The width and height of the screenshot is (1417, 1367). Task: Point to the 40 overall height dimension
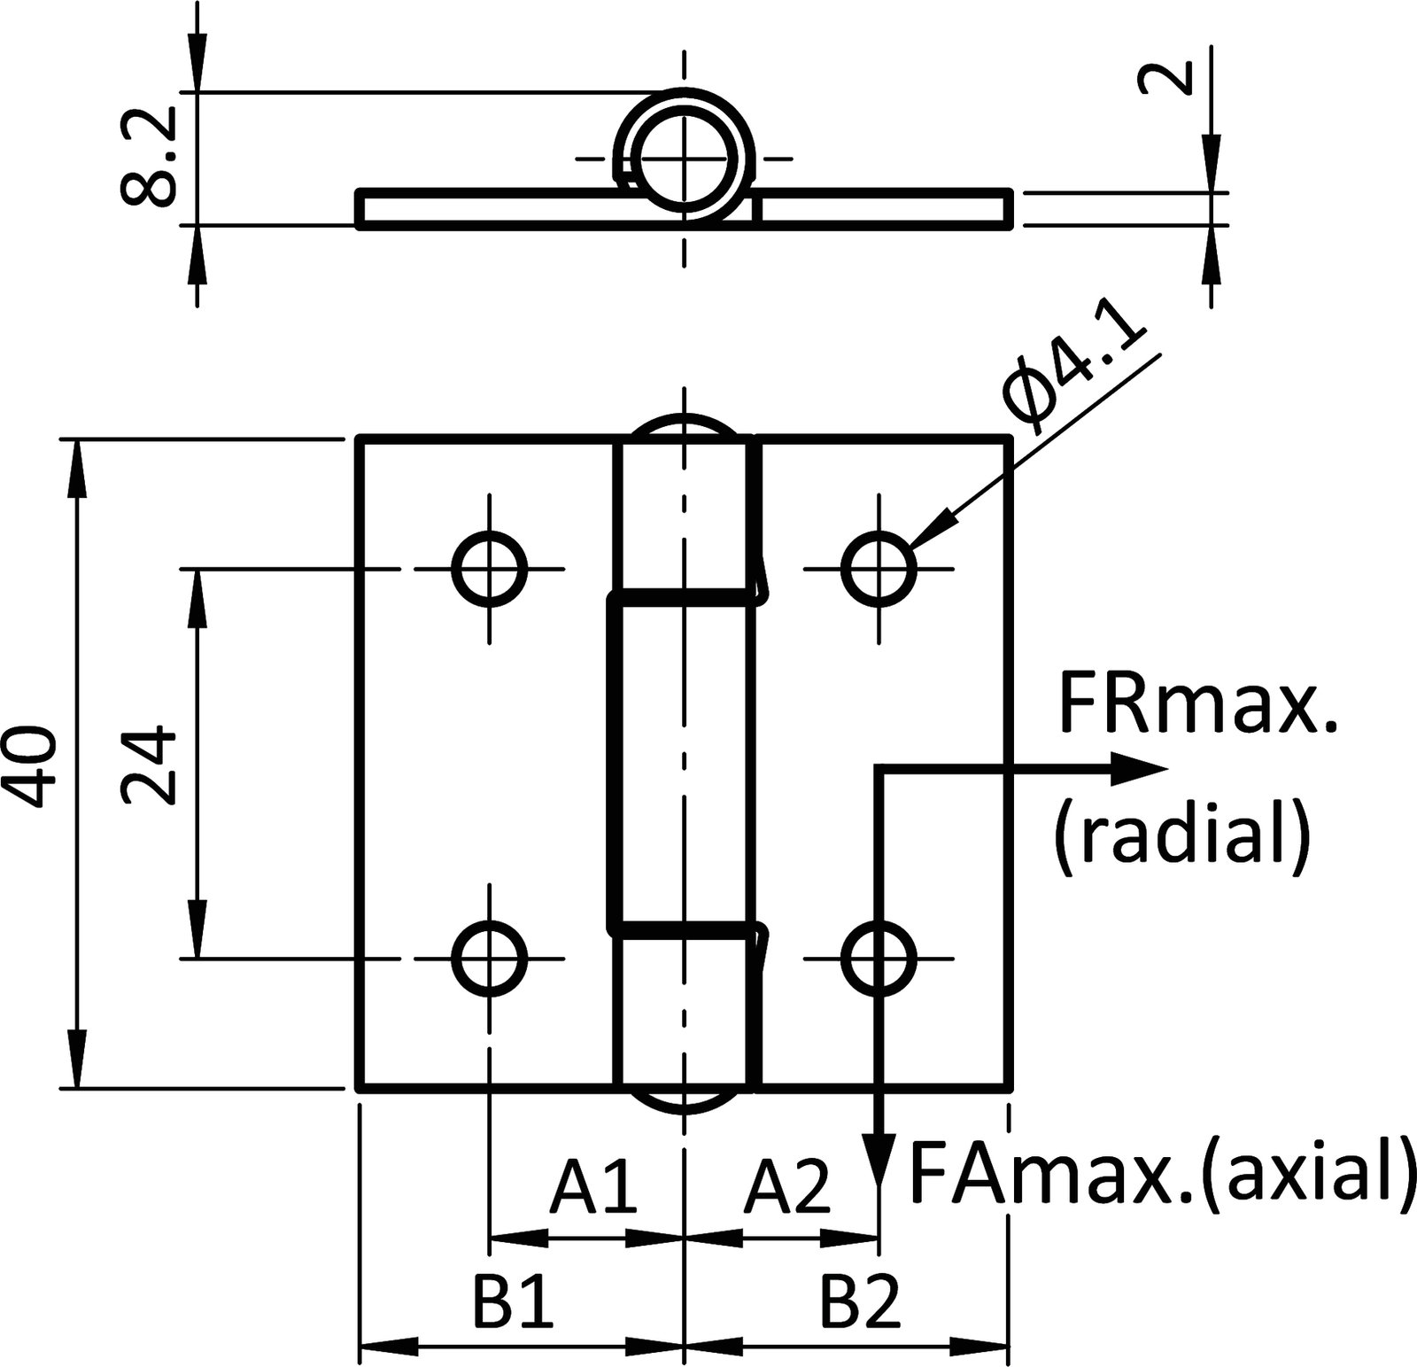click(x=34, y=767)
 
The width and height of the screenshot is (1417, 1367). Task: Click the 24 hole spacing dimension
click(x=147, y=765)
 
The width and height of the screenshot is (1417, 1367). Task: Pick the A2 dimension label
click(x=786, y=1187)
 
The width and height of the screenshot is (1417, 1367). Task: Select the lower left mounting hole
click(x=489, y=958)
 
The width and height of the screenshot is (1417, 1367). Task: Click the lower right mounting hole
click(x=879, y=958)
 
